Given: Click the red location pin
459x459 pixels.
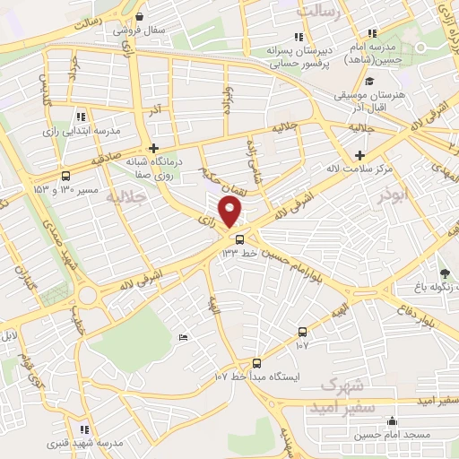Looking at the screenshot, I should click(x=231, y=212).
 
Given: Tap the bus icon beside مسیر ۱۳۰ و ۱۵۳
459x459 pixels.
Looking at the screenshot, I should click(x=65, y=177).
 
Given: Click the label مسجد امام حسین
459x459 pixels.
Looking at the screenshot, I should click(x=394, y=434).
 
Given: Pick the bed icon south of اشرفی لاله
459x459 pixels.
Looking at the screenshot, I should click(x=183, y=336).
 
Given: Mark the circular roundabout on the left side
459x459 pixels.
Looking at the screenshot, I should click(x=88, y=294).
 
